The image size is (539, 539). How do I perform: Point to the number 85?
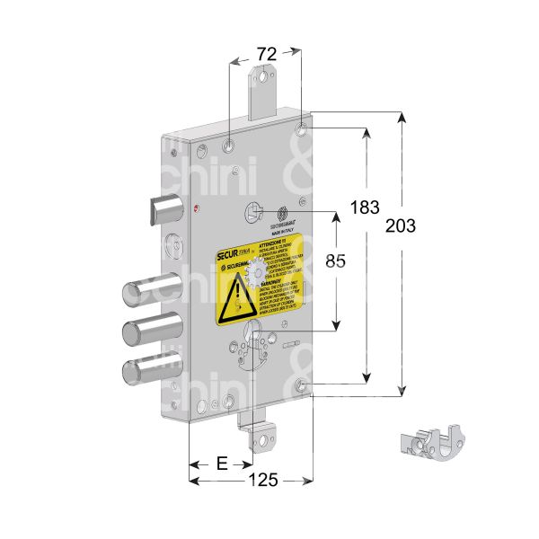pyautogui.click(x=335, y=262)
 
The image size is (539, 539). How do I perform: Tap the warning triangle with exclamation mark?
pyautogui.click(x=238, y=296)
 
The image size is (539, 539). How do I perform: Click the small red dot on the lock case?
pyautogui.click(x=198, y=209)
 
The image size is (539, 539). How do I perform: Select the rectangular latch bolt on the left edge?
pyautogui.click(x=164, y=208)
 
